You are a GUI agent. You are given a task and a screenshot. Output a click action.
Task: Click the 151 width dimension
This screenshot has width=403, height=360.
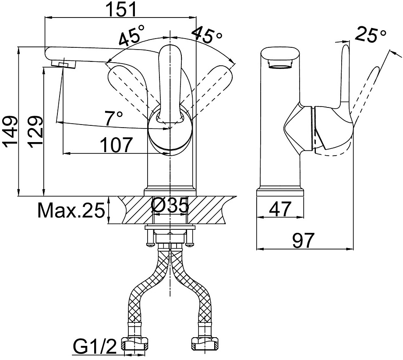click(121, 10)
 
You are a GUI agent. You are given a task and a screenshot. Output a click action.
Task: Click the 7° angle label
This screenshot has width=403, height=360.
click(114, 118)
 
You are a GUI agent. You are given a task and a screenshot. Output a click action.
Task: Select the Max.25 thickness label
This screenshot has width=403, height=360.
click(71, 210)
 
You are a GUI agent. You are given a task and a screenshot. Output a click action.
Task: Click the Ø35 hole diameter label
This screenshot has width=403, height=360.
click(170, 206)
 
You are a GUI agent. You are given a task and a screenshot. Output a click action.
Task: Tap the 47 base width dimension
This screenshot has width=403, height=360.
click(280, 209)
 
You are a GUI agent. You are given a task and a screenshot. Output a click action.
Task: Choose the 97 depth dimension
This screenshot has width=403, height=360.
click(304, 240)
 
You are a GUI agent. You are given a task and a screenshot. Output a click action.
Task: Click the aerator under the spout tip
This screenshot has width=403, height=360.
click(64, 64)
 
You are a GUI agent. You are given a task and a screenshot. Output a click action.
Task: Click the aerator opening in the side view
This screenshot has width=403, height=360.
click(280, 64)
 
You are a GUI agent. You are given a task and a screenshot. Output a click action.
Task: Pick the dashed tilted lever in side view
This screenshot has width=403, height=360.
click(364, 95)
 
